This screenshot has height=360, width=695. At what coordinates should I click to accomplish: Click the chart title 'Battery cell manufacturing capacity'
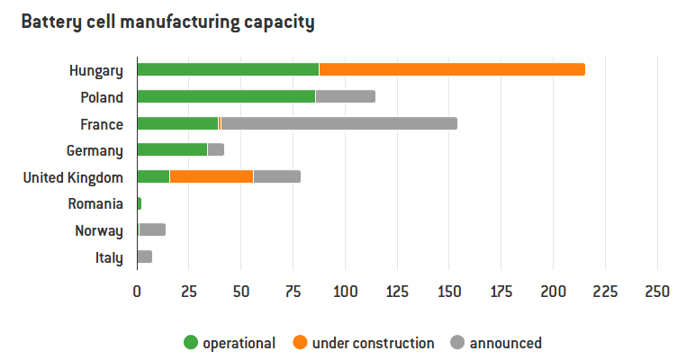(x=167, y=22)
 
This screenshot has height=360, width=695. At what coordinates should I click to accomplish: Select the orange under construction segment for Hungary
(x=452, y=70)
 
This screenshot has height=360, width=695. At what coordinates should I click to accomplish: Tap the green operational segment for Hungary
(x=228, y=70)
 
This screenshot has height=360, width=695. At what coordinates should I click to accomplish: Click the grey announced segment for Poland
(x=345, y=96)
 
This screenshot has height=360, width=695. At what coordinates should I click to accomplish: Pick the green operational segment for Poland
(x=226, y=96)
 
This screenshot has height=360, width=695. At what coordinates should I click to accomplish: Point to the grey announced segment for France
(x=338, y=123)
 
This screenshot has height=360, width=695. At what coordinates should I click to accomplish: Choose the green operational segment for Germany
(x=172, y=149)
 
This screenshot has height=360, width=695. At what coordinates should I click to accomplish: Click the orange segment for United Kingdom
(x=212, y=176)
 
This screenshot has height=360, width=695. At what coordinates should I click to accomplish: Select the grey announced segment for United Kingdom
(x=276, y=176)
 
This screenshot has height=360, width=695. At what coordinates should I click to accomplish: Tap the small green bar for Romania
(x=139, y=203)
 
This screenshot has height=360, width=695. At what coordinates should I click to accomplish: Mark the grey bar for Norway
(x=151, y=229)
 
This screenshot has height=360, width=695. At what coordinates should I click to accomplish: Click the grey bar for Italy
(x=144, y=256)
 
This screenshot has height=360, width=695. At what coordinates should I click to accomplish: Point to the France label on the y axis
(x=102, y=124)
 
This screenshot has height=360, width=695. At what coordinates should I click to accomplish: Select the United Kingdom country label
(x=73, y=177)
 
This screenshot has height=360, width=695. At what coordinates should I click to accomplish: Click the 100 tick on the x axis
(x=345, y=292)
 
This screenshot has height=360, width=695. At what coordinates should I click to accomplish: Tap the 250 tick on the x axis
(x=657, y=292)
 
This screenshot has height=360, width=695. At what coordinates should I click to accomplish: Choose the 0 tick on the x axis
(x=137, y=292)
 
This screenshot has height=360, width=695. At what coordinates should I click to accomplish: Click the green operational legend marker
(x=190, y=342)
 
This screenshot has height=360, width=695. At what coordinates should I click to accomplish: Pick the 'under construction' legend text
(x=373, y=343)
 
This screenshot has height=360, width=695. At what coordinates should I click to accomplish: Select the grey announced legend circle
(x=457, y=342)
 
